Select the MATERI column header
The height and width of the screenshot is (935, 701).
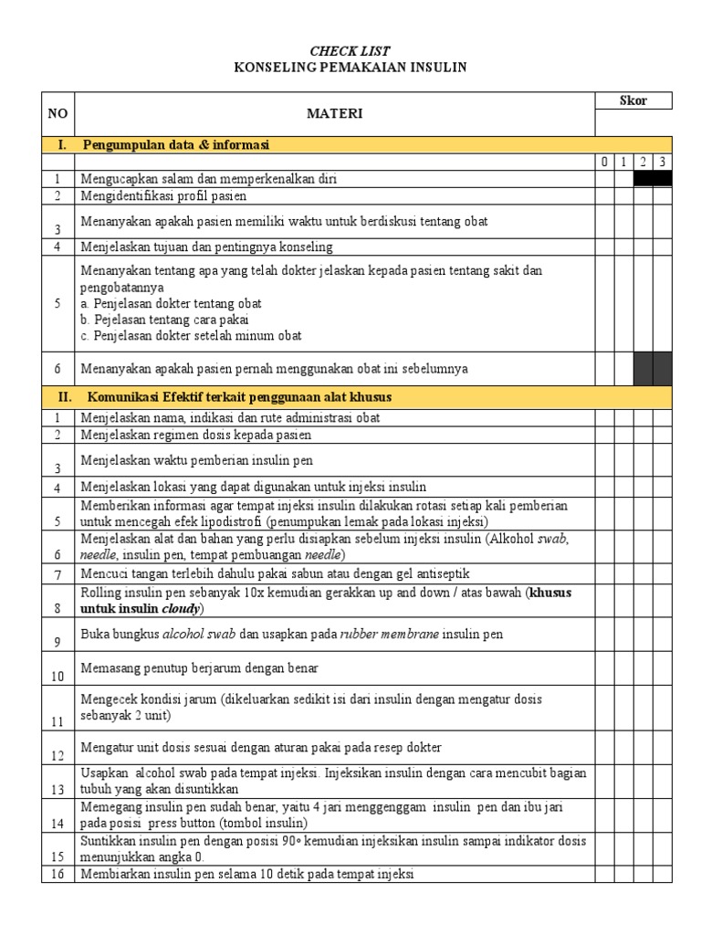click(x=334, y=113)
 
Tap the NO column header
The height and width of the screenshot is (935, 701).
click(x=58, y=113)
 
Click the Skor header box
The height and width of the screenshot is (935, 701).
click(x=633, y=100)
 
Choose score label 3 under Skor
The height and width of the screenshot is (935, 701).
click(x=663, y=163)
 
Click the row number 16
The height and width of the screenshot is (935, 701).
click(x=57, y=875)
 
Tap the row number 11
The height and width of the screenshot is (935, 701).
click(x=57, y=721)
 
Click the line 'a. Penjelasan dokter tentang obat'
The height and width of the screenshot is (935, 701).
click(x=172, y=303)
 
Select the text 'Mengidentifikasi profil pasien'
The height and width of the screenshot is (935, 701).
click(x=163, y=195)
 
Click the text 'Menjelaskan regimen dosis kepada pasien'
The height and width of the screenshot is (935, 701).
click(x=195, y=435)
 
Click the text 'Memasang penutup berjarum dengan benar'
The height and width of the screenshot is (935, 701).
click(x=199, y=668)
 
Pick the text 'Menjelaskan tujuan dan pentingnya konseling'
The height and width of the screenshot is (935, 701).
click(x=206, y=247)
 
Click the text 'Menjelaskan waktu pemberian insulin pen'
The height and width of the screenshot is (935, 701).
click(x=196, y=460)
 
